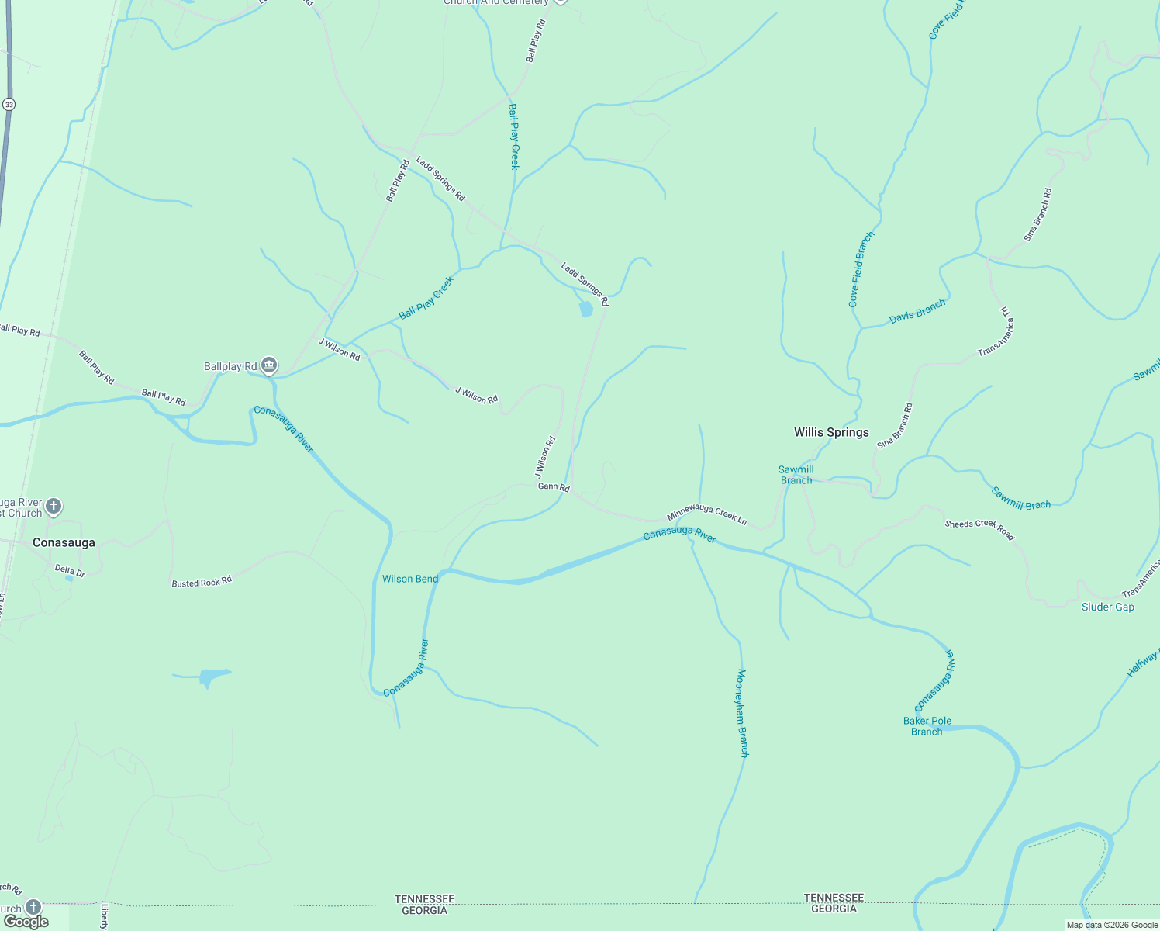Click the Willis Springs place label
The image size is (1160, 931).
pos(831,432)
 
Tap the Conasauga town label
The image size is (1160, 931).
pos(64,542)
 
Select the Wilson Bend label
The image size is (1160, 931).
pos(410,579)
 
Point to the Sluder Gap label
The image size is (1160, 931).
pos(1107,607)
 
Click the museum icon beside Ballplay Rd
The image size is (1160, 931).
pos(269,365)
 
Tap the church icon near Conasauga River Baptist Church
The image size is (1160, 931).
pos(54,507)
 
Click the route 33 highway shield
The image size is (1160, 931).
pos(9,104)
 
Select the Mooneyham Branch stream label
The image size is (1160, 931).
pos(742,712)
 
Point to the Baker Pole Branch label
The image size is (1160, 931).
pos(927,726)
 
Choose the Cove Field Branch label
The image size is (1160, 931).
pos(861,269)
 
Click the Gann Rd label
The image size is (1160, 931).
pos(554,487)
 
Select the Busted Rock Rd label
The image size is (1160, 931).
pos(202,582)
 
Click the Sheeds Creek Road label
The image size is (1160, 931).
pos(979,529)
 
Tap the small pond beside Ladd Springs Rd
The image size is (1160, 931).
pos(585,310)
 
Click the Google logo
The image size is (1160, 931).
pos(26,921)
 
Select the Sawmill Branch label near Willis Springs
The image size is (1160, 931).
pos(796,475)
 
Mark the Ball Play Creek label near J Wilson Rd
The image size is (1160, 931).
pos(426,299)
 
